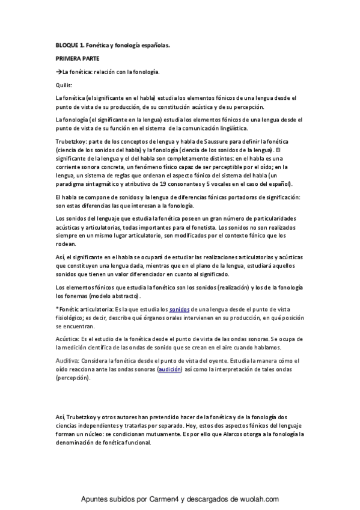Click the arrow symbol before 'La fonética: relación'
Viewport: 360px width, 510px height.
(x=58, y=72)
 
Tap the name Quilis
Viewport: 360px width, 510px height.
(x=63, y=85)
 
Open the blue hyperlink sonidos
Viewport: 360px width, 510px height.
(x=179, y=309)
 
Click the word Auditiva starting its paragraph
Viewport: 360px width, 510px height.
(x=67, y=360)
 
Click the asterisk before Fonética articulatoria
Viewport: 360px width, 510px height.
(x=56, y=309)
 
